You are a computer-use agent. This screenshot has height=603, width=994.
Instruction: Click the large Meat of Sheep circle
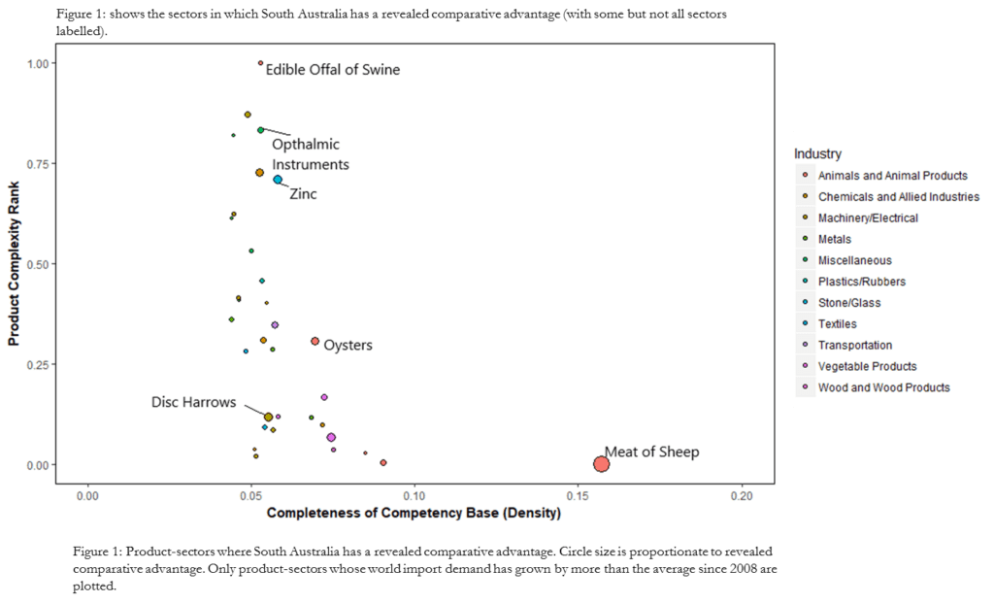point(601,464)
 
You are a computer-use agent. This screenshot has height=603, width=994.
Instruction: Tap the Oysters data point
point(315,341)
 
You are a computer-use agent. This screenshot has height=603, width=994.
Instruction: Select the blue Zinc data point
point(278,180)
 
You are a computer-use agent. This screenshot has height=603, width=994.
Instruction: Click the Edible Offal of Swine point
point(260,63)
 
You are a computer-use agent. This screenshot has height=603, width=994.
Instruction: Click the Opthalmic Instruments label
point(310,154)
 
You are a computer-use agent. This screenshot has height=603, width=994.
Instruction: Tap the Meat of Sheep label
point(651,452)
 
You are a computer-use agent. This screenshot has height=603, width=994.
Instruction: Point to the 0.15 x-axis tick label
point(579,493)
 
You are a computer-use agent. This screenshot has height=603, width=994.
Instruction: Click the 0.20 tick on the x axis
point(742,493)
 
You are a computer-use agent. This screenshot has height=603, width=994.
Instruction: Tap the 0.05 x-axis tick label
point(251,493)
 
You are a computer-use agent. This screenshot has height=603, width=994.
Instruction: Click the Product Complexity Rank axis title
point(16,264)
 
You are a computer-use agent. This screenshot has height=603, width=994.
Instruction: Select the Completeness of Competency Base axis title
point(414,512)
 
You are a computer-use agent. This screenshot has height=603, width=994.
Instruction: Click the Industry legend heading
point(817,153)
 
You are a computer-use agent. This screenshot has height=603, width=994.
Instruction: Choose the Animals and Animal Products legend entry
point(892,176)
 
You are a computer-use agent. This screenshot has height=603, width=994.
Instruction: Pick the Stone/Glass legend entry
point(849,303)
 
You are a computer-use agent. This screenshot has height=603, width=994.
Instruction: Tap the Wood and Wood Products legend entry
point(883,387)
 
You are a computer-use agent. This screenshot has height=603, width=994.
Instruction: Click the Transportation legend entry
point(854,345)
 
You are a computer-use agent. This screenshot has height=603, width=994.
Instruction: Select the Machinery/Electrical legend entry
point(868,218)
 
